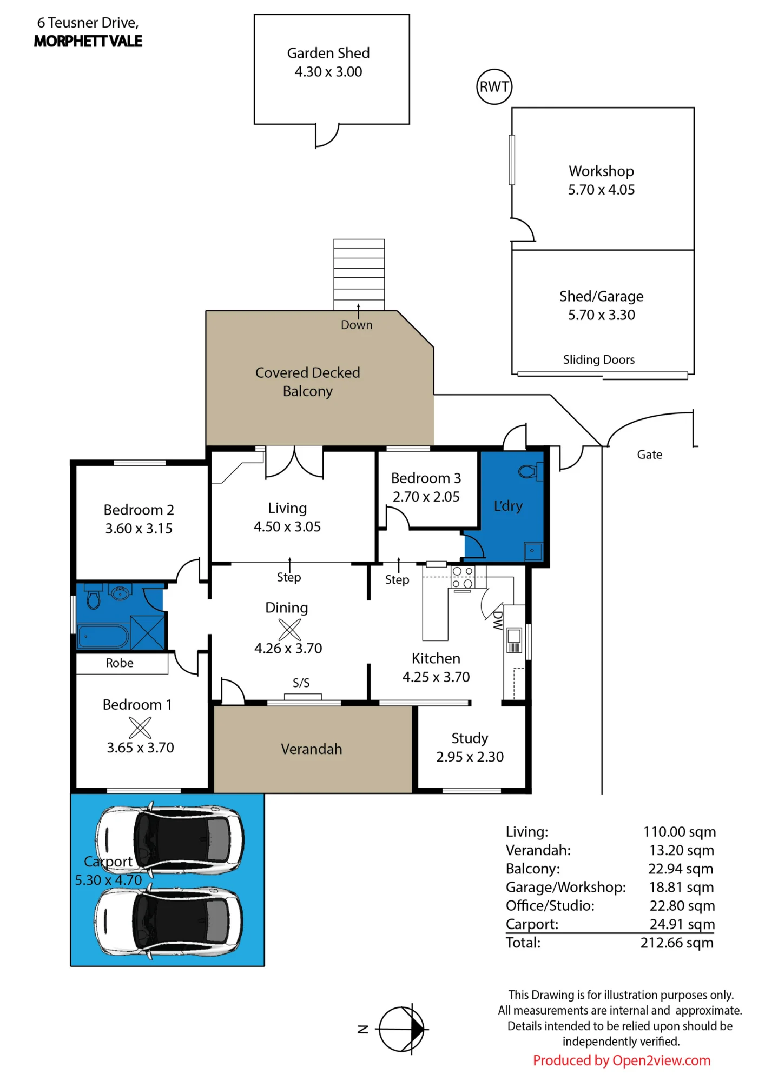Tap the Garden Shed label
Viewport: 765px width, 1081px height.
click(x=328, y=53)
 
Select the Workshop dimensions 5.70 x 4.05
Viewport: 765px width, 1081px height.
click(x=601, y=190)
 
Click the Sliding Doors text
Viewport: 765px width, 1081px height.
click(x=599, y=359)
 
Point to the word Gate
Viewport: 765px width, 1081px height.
click(x=649, y=455)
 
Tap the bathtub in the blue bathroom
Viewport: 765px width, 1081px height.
click(x=103, y=636)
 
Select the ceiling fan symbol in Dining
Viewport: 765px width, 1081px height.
click(x=289, y=629)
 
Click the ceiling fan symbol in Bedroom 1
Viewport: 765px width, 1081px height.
click(x=140, y=727)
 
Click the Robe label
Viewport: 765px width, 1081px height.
click(x=120, y=663)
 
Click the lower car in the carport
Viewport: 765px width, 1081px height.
click(x=168, y=922)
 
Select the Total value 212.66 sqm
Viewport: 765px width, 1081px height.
click(x=677, y=943)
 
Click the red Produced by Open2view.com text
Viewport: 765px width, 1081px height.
click(x=622, y=1060)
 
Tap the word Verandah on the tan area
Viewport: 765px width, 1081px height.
click(x=312, y=749)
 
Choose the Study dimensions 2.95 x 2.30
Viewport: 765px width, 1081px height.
click(x=470, y=757)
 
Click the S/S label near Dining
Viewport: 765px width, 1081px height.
click(x=301, y=683)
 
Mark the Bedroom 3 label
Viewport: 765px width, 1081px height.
click(x=426, y=478)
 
